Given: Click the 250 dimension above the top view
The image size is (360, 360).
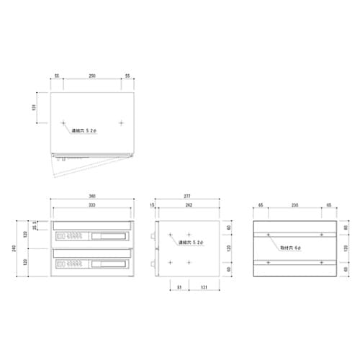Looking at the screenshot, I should tap(91, 76).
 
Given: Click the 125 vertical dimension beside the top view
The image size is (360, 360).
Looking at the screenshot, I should tap(33, 108).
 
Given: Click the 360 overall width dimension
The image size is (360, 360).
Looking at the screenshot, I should tap(91, 195).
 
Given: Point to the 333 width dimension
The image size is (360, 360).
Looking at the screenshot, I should tap(91, 206).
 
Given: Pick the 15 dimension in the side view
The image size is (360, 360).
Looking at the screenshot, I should tap(153, 206).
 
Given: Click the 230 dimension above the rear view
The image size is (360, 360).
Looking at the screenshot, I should tap(296, 206).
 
